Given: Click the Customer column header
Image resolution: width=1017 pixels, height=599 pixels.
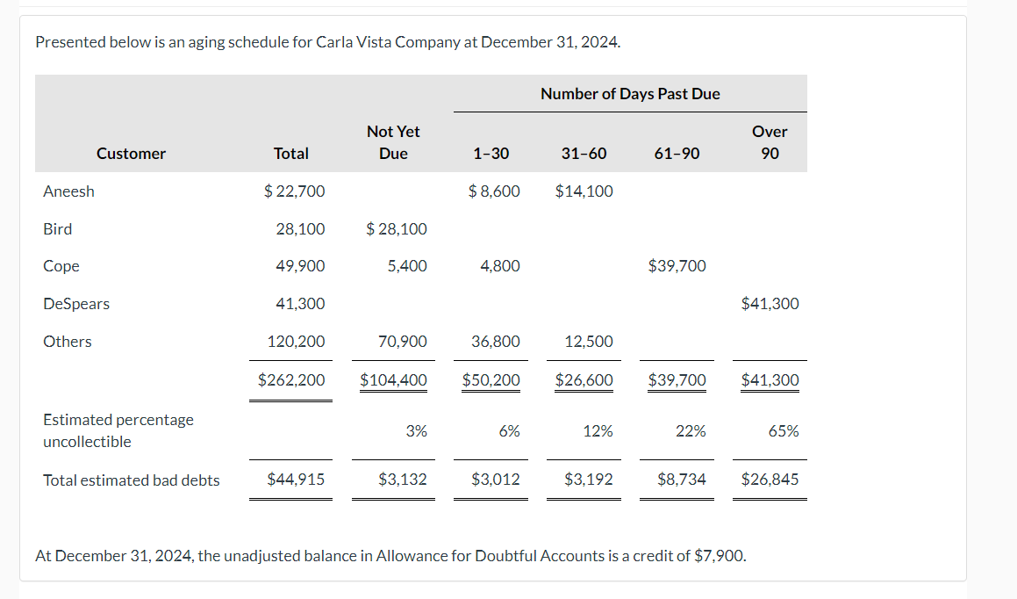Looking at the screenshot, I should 131,154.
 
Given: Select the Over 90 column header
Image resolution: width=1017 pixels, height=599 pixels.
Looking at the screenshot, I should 770,142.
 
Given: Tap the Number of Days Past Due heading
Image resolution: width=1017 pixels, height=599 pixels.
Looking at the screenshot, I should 630,94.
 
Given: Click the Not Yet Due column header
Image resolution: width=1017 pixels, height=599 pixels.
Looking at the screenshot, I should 393,142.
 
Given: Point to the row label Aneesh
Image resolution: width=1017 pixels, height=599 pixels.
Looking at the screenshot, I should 68,191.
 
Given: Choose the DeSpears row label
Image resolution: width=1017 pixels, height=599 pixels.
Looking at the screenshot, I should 76,304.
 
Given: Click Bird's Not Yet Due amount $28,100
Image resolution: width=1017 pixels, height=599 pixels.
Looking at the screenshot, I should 397,229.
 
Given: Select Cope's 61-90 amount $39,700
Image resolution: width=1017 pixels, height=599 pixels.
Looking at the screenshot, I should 677,266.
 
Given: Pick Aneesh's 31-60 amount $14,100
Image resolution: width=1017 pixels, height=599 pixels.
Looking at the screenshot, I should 584,191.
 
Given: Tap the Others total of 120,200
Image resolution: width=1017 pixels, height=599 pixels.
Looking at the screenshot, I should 296,342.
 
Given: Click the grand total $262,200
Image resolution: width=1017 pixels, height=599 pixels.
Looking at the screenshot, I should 291,380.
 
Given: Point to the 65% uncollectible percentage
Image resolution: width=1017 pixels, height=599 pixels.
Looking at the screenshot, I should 783,431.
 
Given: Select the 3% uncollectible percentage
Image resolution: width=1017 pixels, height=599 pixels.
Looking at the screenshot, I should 417,431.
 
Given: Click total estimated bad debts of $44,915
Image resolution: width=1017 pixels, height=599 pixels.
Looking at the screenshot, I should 296,480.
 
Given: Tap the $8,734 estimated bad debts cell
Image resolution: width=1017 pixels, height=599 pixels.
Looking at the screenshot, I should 681,480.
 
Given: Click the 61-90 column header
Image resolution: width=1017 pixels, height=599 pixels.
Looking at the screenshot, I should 677,154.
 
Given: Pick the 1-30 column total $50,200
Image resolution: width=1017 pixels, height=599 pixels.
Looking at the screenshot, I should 491,380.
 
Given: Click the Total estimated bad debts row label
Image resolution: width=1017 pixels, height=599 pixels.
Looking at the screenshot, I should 132,480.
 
